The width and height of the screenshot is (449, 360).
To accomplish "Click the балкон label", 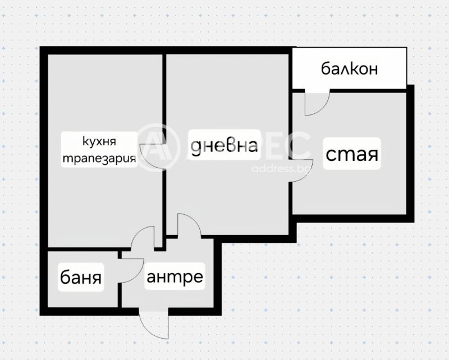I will tap(349, 69).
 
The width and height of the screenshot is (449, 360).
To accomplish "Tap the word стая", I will tap(352, 154).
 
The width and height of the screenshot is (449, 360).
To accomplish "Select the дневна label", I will tap(224, 146).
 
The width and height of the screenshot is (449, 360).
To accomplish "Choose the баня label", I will tap(81, 278).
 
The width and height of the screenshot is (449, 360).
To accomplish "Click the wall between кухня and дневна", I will tap(164, 101).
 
